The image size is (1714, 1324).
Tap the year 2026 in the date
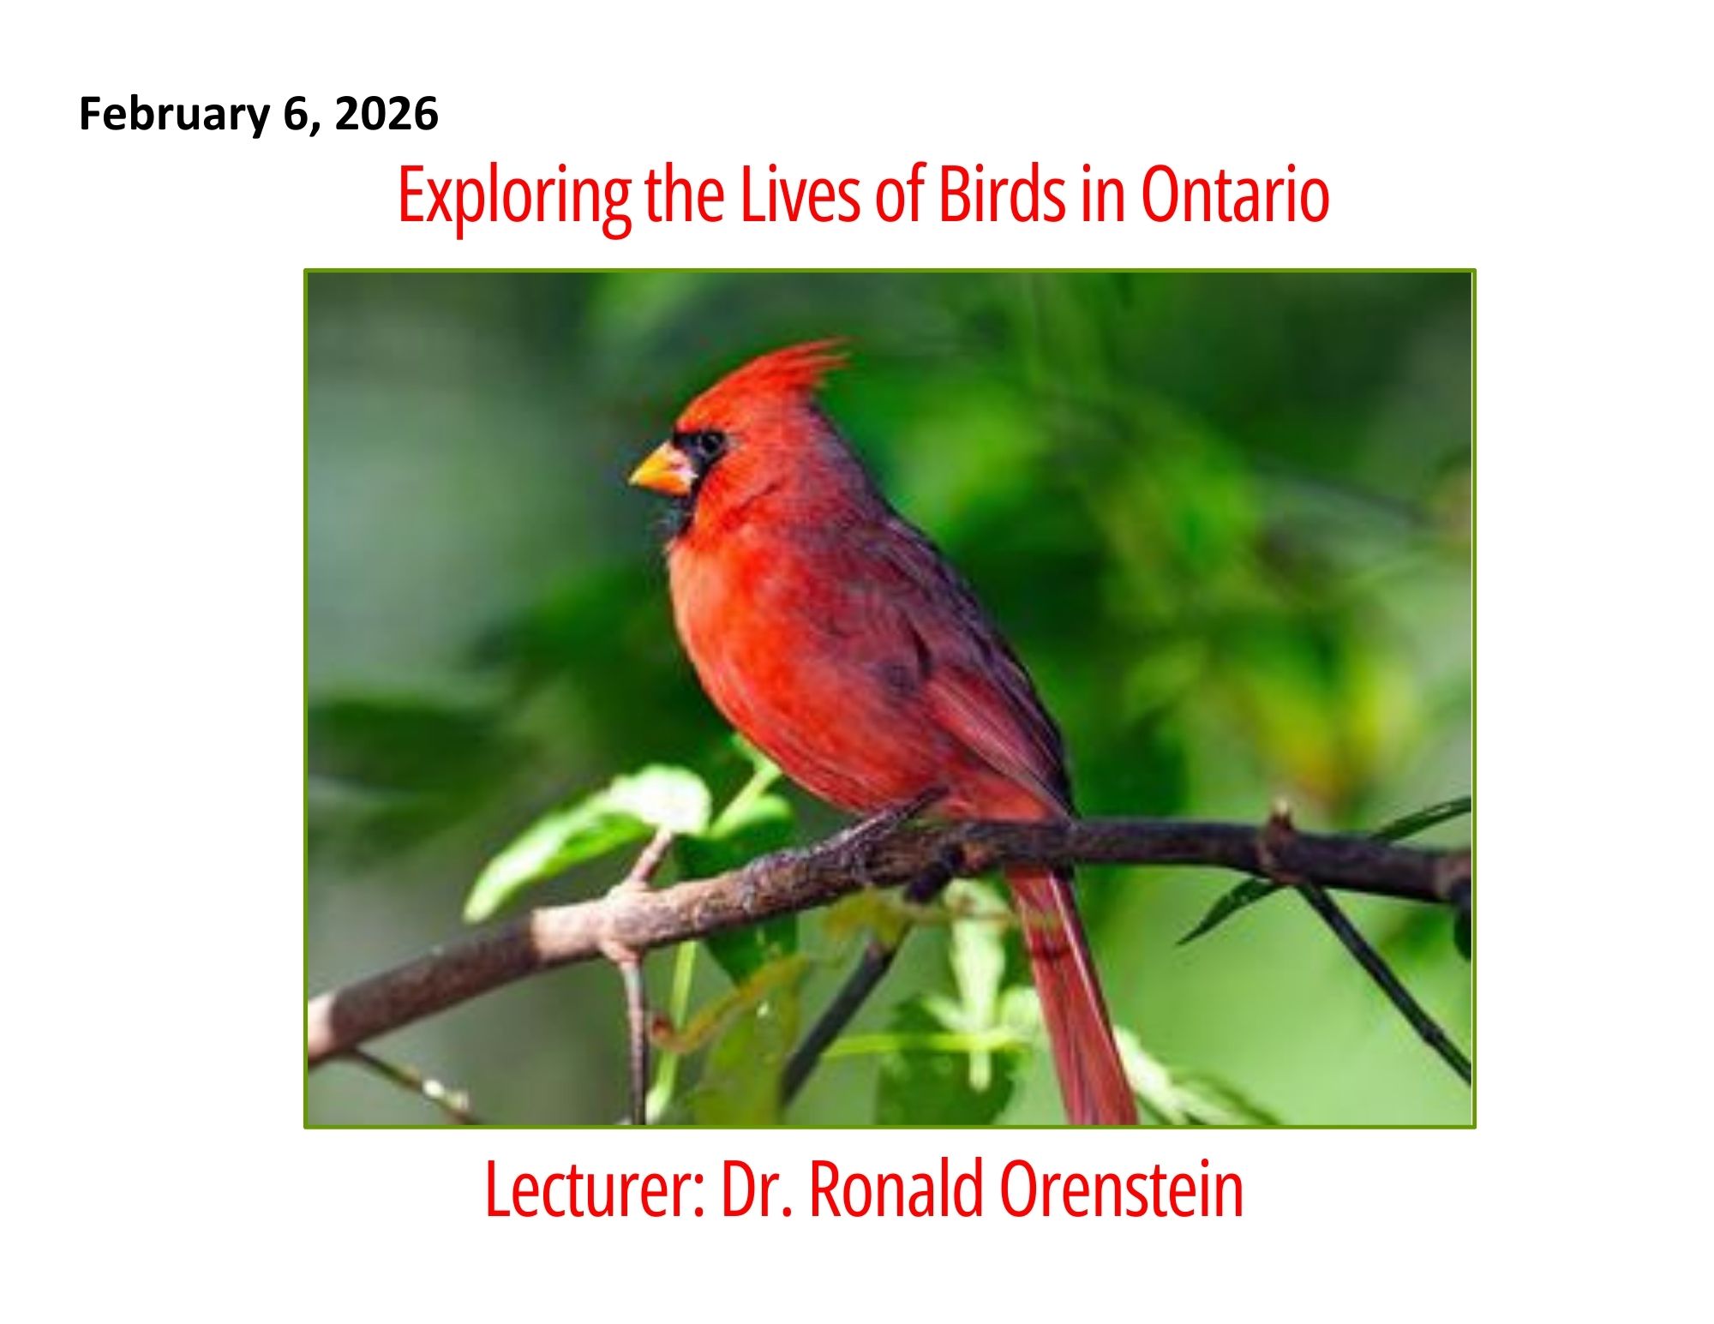click(387, 114)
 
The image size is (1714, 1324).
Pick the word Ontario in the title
click(1236, 195)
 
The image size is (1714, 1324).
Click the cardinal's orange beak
click(662, 470)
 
